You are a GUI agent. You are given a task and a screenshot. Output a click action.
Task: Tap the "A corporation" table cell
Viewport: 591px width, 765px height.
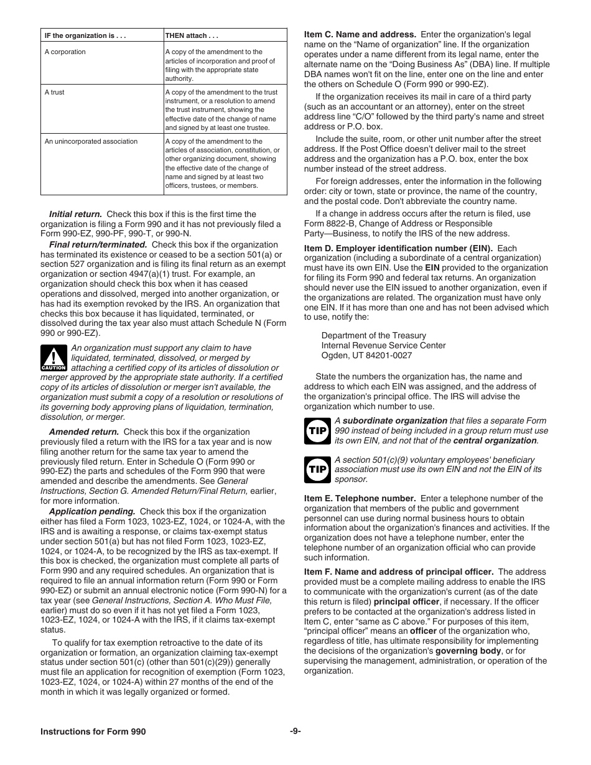pos(65,52)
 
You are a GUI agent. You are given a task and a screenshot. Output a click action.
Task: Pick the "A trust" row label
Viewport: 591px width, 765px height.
pos(55,92)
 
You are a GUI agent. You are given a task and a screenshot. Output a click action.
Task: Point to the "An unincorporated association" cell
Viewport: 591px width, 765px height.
pos(91,141)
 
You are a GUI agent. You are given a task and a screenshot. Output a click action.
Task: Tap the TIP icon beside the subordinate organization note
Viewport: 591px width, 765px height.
pos(317,430)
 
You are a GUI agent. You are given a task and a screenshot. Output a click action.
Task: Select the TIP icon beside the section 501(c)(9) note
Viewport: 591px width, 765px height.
pos(317,470)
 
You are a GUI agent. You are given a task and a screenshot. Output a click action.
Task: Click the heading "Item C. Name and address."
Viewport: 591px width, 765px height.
pos(360,35)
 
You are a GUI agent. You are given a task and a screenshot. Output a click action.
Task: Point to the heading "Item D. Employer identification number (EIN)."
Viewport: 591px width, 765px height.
pos(398,248)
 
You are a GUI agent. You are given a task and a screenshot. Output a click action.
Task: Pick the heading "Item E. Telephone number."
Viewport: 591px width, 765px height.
pos(360,498)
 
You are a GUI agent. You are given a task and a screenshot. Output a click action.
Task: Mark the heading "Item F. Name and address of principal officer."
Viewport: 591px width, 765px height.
pos(399,572)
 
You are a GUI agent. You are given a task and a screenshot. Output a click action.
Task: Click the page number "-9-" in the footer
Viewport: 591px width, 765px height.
pos(295,731)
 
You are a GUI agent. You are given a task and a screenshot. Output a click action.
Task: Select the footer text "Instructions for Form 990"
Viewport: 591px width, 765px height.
pos(93,732)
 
